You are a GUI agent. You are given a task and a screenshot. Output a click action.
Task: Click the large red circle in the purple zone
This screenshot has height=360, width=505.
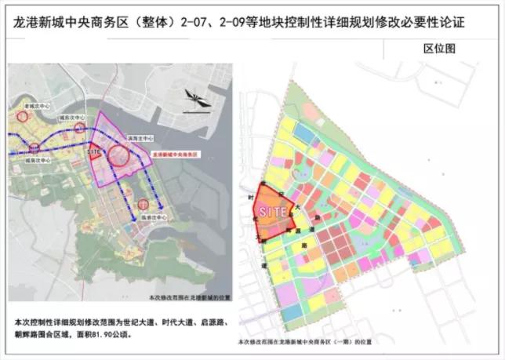(120, 155)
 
